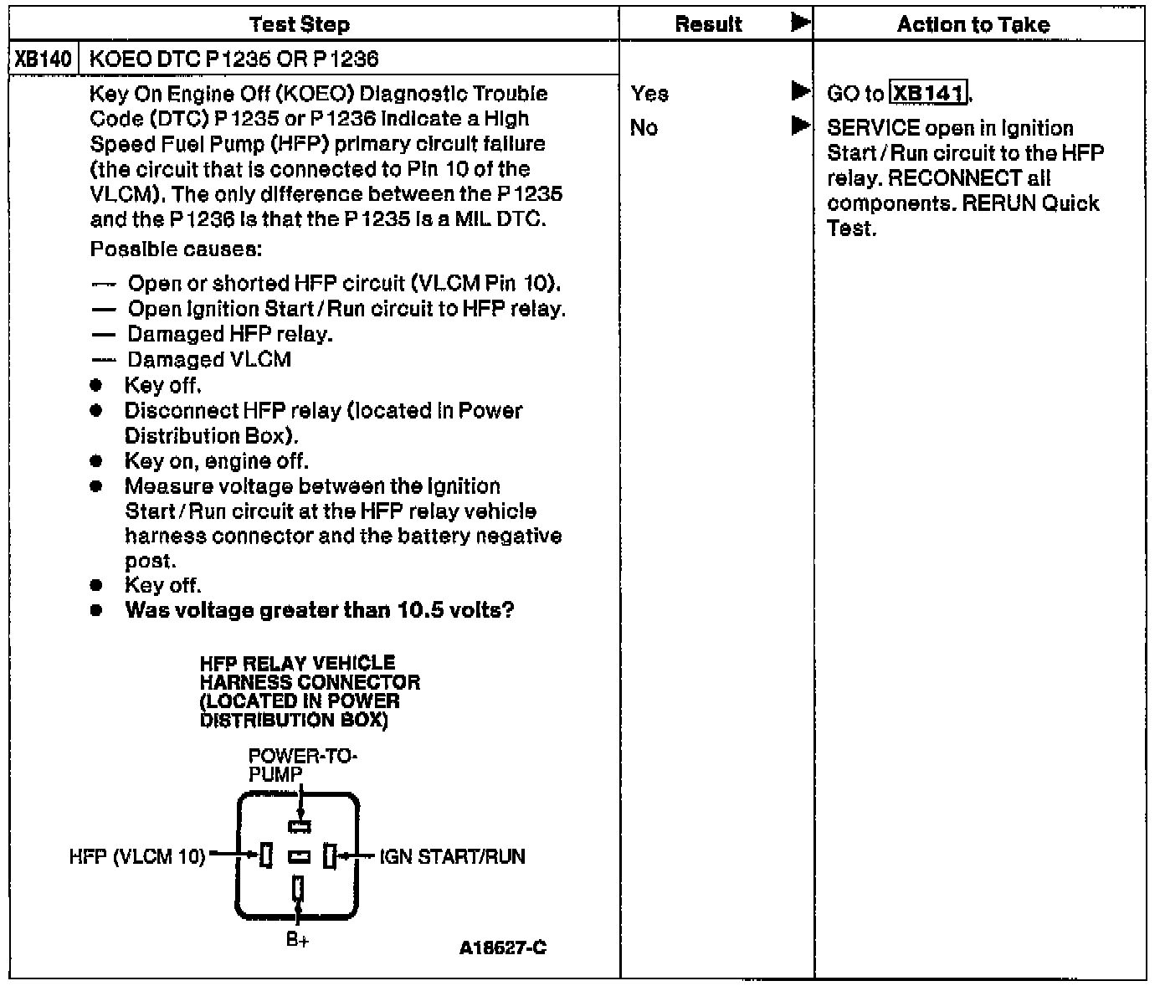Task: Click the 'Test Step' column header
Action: pos(300,24)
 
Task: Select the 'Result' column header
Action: pos(708,24)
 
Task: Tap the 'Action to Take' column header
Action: pos(973,24)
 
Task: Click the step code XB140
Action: pos(44,59)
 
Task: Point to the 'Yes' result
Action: pos(649,94)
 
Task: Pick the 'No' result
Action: pos(644,128)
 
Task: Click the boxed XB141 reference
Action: pos(928,93)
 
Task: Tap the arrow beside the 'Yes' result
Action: pos(800,92)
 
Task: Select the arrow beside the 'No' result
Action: pos(800,126)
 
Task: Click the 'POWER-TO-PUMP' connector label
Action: pos(301,765)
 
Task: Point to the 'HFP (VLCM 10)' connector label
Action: pos(136,856)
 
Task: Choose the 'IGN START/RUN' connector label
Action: pos(452,856)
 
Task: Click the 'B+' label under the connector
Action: pos(297,940)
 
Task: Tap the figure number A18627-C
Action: pos(502,947)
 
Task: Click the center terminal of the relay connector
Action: pos(299,856)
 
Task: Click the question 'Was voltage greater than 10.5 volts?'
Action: pos(319,610)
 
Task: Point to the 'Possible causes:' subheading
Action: pos(176,249)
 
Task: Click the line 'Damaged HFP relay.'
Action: pos(229,335)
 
